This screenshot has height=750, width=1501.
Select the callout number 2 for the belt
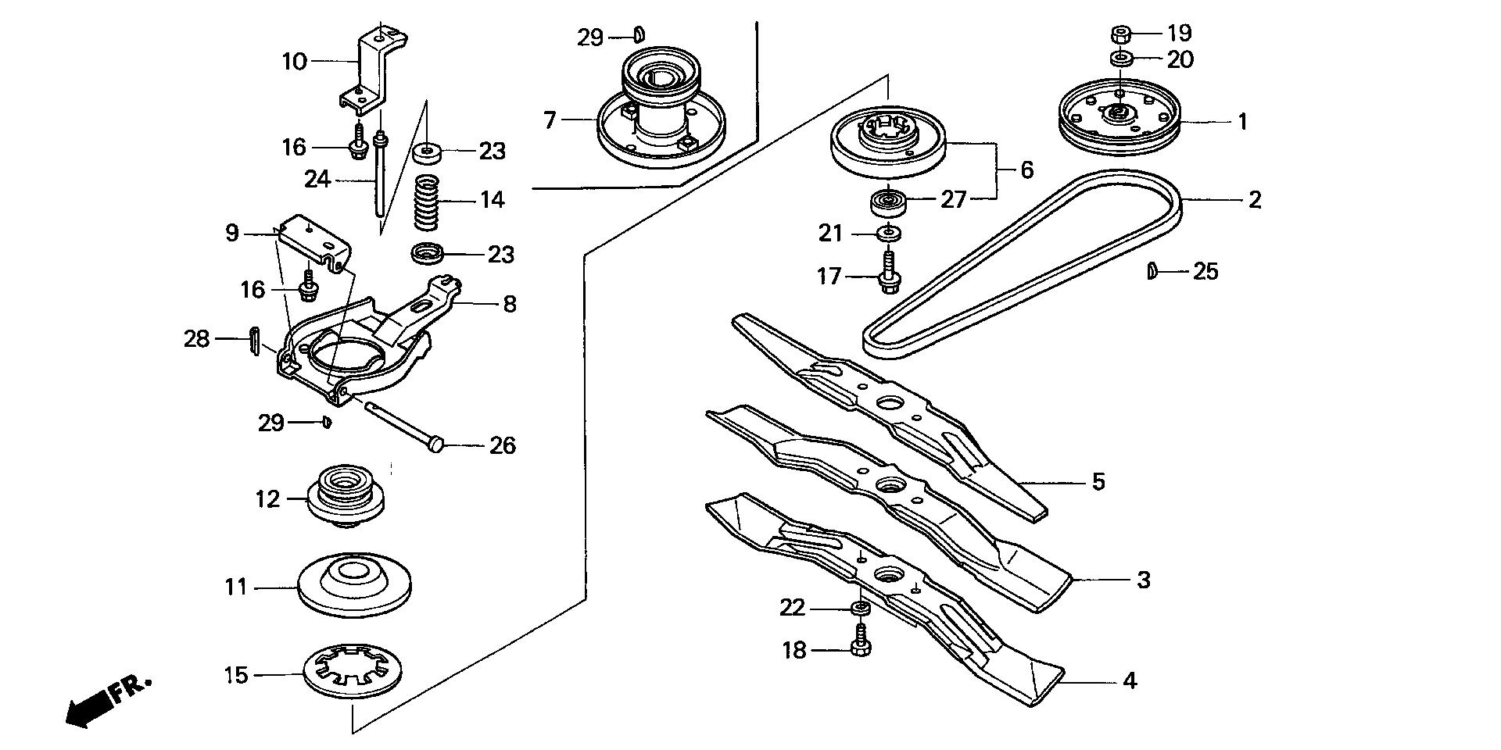[1254, 200]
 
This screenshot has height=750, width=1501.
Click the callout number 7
[550, 121]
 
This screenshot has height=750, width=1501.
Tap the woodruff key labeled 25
[1152, 271]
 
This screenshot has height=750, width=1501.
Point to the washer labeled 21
[887, 233]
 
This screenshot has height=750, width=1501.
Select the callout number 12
[267, 498]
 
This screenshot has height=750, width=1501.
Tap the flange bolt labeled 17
[888, 274]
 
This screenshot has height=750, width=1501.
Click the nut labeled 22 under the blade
[860, 609]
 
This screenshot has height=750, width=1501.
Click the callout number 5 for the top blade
[1098, 481]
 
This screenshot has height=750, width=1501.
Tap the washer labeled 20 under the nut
[1119, 59]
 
